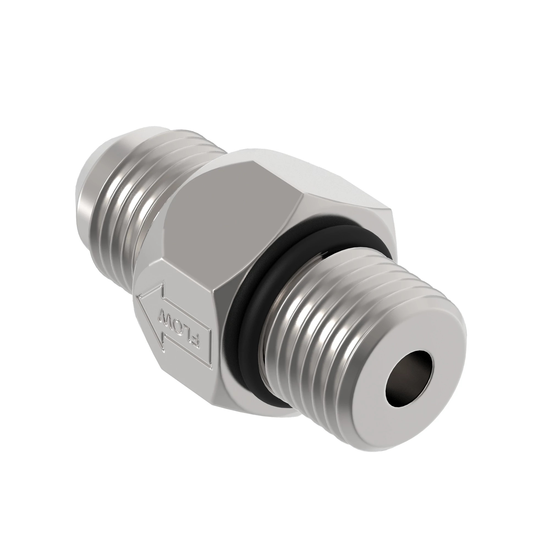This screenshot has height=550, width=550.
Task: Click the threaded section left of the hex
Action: click(134, 205)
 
